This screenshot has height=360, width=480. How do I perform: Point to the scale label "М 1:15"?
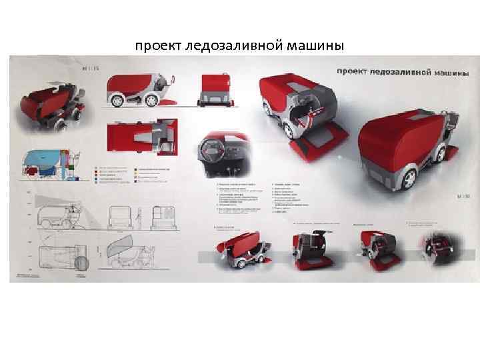pyautogui.click(x=89, y=67)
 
